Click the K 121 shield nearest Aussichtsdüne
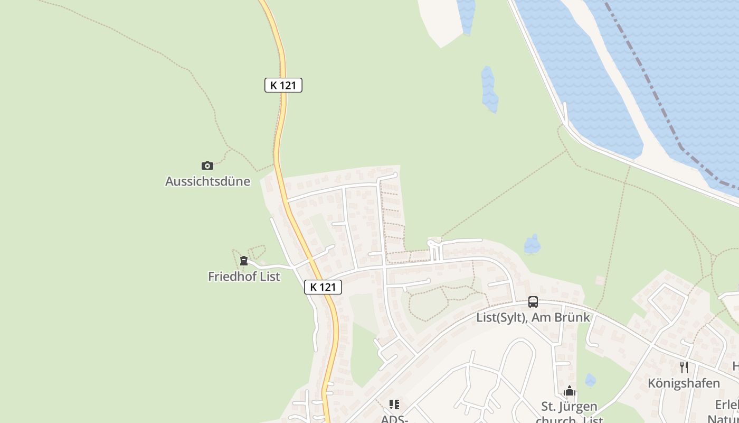(x=283, y=85)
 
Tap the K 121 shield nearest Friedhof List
(x=323, y=287)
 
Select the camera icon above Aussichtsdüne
(x=207, y=165)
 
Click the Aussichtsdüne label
(x=207, y=181)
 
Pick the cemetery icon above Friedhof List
(x=244, y=261)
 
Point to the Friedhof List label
(x=244, y=276)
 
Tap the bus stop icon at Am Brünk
(x=533, y=302)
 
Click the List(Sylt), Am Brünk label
(x=533, y=317)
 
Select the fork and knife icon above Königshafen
(x=684, y=367)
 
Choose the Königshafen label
(x=684, y=383)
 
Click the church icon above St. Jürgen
(x=569, y=391)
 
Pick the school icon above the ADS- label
(x=394, y=404)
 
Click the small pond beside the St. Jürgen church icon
(x=590, y=380)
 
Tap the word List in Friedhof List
(x=269, y=276)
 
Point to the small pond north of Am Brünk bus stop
(x=532, y=244)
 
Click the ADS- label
(x=394, y=419)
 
